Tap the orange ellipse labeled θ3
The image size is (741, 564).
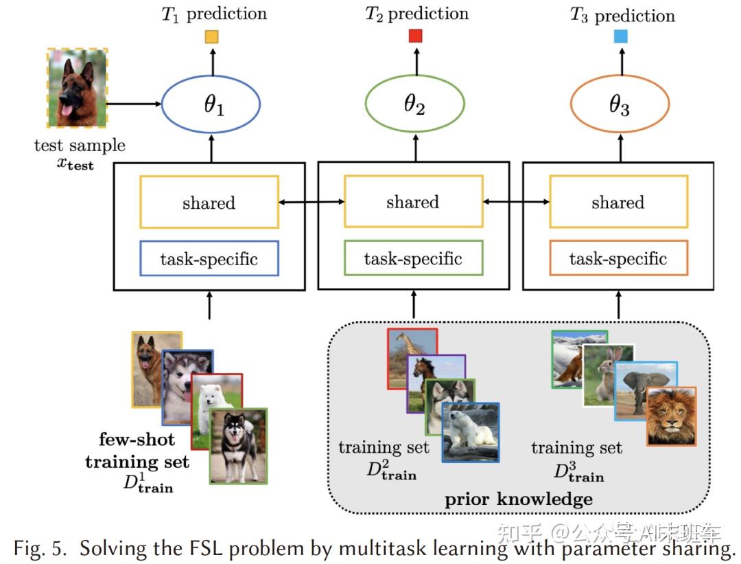pos(620,106)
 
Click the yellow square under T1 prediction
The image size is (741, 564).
pos(211,38)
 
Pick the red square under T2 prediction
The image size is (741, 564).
pos(415,36)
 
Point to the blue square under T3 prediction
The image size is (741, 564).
pos(621,36)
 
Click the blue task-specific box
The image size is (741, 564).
pos(209,259)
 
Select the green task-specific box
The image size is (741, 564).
pos(413,259)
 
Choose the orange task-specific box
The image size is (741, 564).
pos(618,258)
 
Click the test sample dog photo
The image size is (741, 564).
pos(77,88)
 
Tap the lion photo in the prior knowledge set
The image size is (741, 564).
pos(671,416)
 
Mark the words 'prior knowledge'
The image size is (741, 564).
pos(518,499)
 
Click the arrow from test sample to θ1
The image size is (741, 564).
pos(134,104)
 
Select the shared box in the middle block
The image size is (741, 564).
pos(413,202)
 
